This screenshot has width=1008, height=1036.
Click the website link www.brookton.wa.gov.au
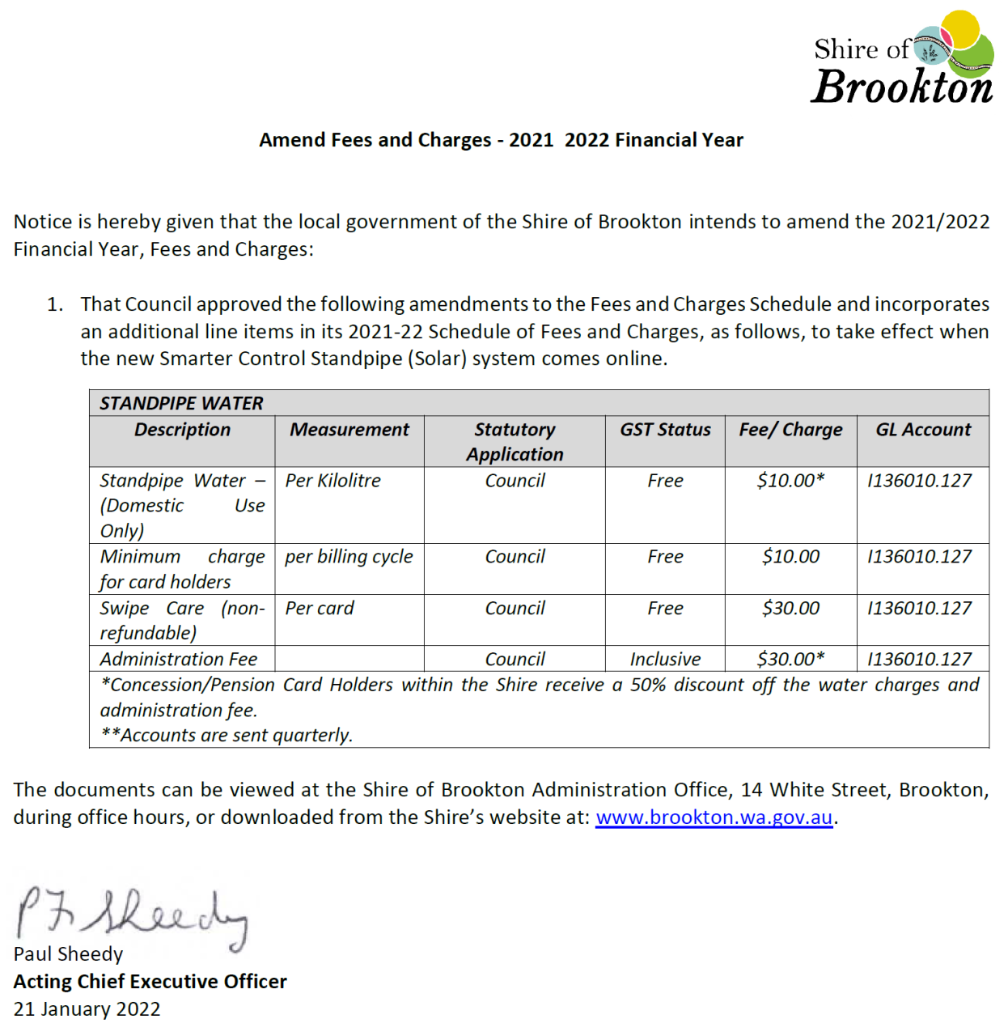(x=714, y=817)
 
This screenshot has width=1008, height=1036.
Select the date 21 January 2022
(x=87, y=1009)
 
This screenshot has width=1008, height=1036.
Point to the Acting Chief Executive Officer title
(x=150, y=982)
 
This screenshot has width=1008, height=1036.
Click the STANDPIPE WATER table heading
(x=181, y=403)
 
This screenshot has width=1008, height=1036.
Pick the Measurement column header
(x=349, y=430)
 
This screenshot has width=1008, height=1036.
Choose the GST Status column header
(x=665, y=430)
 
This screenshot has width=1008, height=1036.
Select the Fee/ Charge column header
(x=790, y=430)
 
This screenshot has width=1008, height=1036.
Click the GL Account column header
(x=923, y=430)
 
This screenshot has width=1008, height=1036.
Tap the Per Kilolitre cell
(x=332, y=481)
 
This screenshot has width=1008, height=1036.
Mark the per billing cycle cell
(x=349, y=557)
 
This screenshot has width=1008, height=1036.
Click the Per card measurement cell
(x=320, y=608)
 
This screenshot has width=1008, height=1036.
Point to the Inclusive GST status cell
(x=665, y=660)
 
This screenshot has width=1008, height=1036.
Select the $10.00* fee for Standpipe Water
(x=790, y=481)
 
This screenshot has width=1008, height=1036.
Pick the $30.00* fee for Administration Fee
(x=790, y=660)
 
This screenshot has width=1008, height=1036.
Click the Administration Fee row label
(x=178, y=660)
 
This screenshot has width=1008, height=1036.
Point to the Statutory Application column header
(x=515, y=442)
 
